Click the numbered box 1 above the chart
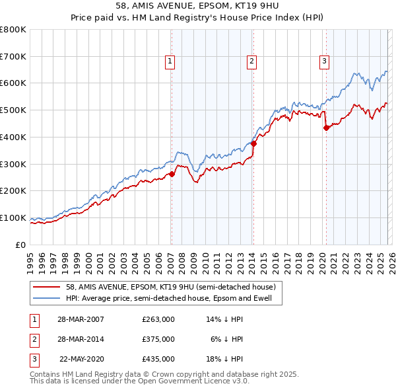pyautogui.click(x=170, y=61)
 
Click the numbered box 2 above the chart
pyautogui.click(x=252, y=61)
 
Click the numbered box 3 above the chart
pyautogui.click(x=325, y=61)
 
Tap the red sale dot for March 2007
pyautogui.click(x=172, y=174)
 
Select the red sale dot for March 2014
pyautogui.click(x=253, y=143)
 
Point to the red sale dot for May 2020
pyautogui.click(x=326, y=128)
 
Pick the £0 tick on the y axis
pyautogui.click(x=22, y=245)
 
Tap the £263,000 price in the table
pyautogui.click(x=158, y=319)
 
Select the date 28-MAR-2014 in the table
pyautogui.click(x=82, y=339)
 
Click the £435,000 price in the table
pyautogui.click(x=158, y=360)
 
